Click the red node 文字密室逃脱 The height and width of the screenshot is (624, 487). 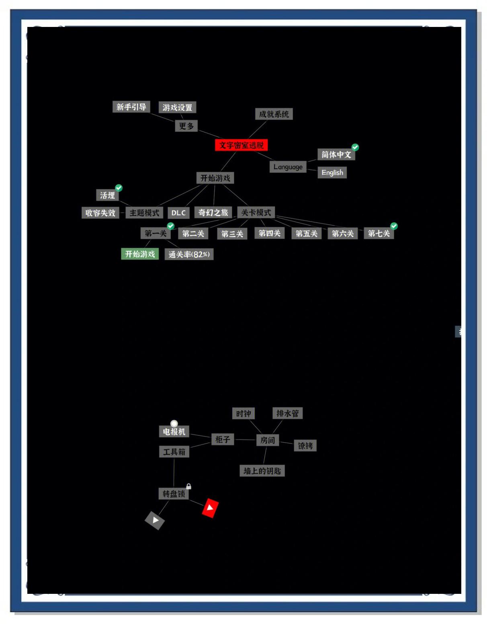(x=241, y=145)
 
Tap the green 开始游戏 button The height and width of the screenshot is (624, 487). (x=140, y=254)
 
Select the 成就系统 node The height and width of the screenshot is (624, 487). (x=274, y=114)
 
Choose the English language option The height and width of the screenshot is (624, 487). (x=332, y=172)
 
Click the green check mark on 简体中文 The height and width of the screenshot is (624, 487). (x=355, y=147)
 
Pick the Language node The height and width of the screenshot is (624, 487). (x=288, y=167)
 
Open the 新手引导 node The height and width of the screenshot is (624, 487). (x=131, y=107)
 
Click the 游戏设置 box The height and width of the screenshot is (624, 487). (x=177, y=107)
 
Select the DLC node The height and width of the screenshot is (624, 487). (x=178, y=213)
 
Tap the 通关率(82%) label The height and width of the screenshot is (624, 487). (x=189, y=254)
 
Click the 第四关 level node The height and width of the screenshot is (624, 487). (x=269, y=233)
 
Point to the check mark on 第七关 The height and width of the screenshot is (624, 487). (x=394, y=226)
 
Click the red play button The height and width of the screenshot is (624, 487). (x=210, y=508)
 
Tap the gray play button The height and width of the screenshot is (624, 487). (x=155, y=520)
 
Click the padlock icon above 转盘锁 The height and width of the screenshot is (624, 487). (x=188, y=486)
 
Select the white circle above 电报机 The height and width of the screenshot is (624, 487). (x=174, y=423)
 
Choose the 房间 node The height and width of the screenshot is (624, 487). (x=268, y=440)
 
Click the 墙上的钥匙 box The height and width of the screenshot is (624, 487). (x=262, y=471)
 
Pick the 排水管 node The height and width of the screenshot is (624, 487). (x=287, y=413)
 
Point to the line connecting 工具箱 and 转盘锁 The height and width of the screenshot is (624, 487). (x=174, y=472)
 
